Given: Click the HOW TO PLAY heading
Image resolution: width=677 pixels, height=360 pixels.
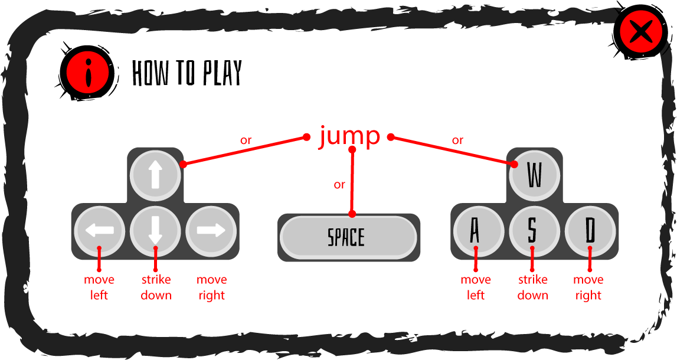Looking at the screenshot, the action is click(x=187, y=73).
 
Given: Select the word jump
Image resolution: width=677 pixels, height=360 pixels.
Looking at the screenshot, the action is click(x=349, y=138).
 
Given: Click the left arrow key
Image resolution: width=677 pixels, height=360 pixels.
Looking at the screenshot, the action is click(x=100, y=231).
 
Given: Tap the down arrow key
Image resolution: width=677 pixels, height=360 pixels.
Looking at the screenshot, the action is click(x=155, y=231).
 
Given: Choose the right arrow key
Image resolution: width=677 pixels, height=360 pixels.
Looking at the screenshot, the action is click(x=211, y=231).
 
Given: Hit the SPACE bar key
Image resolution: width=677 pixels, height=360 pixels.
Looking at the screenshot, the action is click(x=348, y=237).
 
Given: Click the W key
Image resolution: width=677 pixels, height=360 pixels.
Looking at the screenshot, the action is click(x=535, y=175).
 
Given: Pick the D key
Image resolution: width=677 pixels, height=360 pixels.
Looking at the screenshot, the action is click(x=590, y=231).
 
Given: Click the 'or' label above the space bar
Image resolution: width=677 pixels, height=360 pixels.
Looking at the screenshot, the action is click(x=339, y=185).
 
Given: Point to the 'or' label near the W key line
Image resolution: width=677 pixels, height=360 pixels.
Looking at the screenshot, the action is click(x=457, y=140).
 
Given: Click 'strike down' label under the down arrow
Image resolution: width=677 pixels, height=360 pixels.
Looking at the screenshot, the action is click(x=156, y=287).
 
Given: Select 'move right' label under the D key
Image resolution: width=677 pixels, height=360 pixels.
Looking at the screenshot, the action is click(x=588, y=287).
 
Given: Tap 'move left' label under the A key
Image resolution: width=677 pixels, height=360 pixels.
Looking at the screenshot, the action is click(x=476, y=287).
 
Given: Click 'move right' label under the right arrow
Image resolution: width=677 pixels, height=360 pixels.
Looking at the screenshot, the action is click(x=211, y=287).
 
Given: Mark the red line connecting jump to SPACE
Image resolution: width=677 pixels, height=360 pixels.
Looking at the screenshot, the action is click(x=352, y=182).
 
